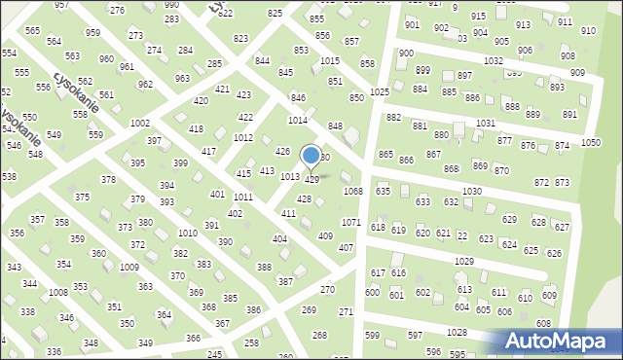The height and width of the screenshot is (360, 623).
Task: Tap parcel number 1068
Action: point(352,192)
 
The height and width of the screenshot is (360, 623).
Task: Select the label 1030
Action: point(472,191)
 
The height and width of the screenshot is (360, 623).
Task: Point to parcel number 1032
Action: point(494,60)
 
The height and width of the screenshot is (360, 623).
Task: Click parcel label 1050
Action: point(590,142)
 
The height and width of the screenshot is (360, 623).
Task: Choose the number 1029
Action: point(464,262)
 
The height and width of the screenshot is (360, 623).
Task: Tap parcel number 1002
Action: point(139,124)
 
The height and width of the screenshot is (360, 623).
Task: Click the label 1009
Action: point(128,267)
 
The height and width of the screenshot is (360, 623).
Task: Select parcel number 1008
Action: point(58,292)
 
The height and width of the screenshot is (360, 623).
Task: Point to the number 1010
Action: point(188,234)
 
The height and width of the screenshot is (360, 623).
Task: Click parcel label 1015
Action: point(330,60)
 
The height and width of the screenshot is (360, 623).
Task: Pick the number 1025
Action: point(380,91)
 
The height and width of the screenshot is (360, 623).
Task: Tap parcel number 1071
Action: point(350,223)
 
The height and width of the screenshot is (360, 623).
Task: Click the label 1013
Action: point(290,176)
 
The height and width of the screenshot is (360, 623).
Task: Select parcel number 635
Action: point(383,192)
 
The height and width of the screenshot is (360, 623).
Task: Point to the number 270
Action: point(328,290)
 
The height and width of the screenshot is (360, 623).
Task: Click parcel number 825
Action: point(275,13)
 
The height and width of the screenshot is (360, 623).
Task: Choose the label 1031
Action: point(485,123)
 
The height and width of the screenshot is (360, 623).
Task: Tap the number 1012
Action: point(243,138)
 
